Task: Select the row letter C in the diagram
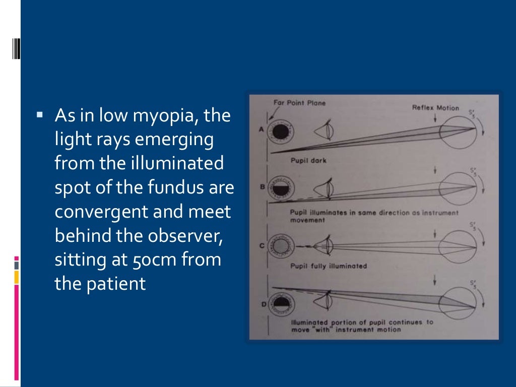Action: coord(262,246)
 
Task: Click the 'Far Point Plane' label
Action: coord(299,103)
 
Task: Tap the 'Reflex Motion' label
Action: coord(435,107)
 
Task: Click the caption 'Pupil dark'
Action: coord(308,161)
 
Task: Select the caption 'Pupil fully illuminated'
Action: coord(328,266)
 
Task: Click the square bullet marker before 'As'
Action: coord(40,115)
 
